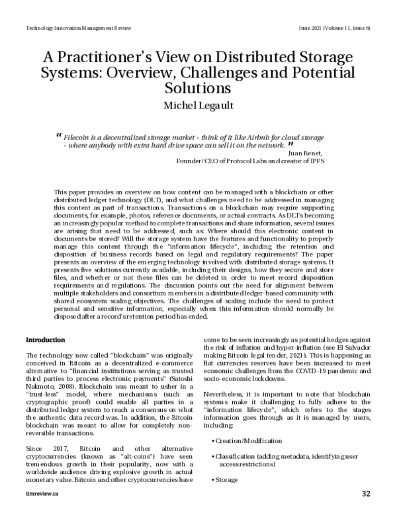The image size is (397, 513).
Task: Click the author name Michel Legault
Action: pyautogui.click(x=198, y=106)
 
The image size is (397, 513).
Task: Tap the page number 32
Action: pyautogui.click(x=366, y=493)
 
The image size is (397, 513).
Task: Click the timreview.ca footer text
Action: pyautogui.click(x=40, y=493)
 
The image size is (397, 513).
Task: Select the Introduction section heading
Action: pyautogui.click(x=45, y=339)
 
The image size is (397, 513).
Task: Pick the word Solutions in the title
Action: pyautogui.click(x=198, y=87)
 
